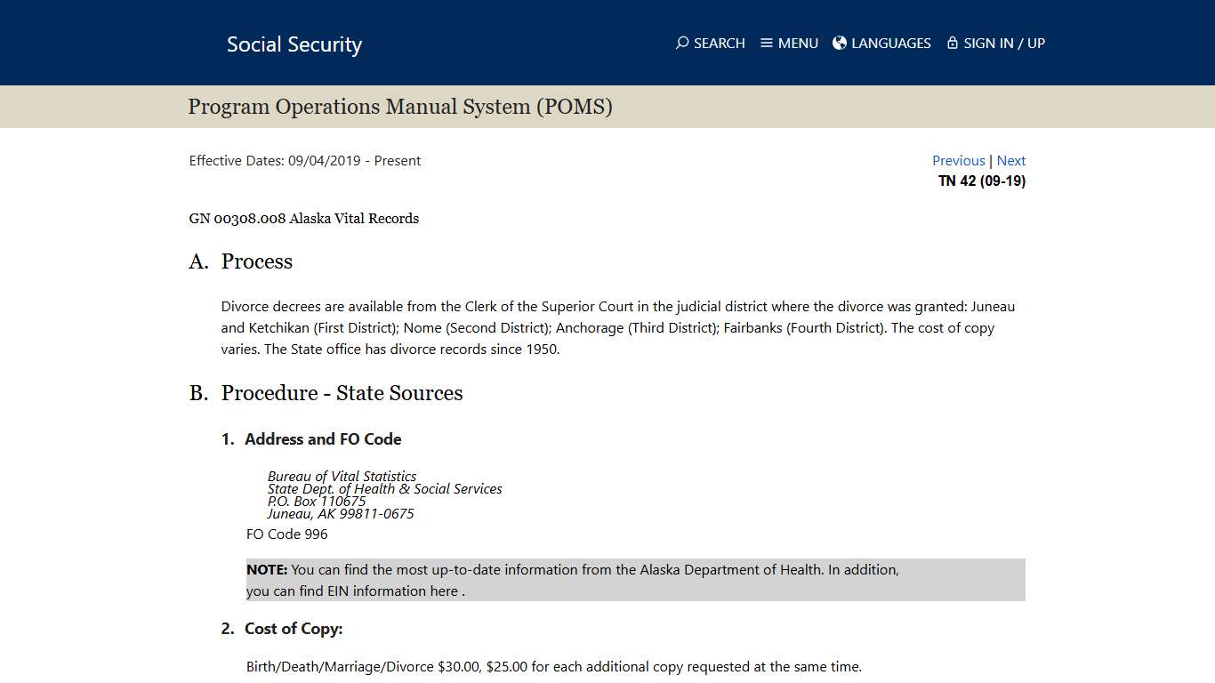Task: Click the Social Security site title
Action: coord(294,44)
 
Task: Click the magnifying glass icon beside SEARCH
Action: coord(682,43)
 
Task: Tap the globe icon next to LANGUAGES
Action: coord(840,43)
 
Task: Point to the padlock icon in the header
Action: coord(953,43)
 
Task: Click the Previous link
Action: coord(958,161)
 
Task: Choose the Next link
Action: coord(1011,161)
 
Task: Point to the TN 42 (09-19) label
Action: coord(982,181)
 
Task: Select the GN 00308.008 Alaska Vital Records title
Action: coord(303,219)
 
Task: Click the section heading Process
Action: coord(256,261)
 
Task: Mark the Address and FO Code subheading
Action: coord(323,439)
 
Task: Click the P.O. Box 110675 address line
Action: coord(317,502)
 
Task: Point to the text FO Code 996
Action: coord(286,534)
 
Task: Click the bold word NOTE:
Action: coord(267,570)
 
